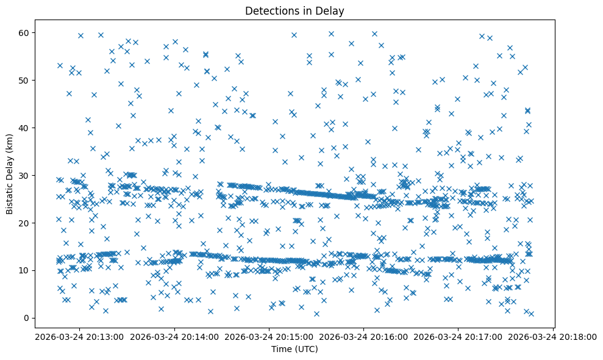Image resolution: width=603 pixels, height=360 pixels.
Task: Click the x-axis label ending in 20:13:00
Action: click(80, 337)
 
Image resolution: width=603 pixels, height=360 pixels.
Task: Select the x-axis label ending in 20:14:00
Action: click(174, 337)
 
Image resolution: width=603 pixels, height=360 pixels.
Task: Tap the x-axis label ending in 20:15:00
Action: click(269, 337)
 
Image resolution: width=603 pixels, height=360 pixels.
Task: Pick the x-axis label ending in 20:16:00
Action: click(364, 337)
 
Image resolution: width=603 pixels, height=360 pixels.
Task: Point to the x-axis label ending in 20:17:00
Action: click(458, 337)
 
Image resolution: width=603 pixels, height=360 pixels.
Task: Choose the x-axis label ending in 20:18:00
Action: click(553, 337)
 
